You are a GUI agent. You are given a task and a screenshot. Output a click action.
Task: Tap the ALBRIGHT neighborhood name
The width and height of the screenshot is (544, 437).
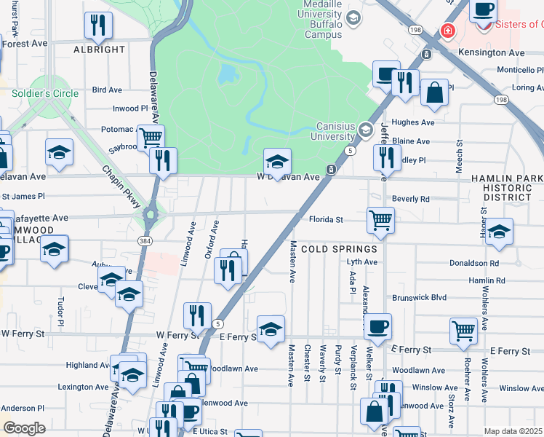[100, 50]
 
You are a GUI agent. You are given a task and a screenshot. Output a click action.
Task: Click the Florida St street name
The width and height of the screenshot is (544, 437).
[325, 219]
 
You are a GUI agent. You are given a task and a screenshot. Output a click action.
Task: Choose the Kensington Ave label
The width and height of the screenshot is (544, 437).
[492, 53]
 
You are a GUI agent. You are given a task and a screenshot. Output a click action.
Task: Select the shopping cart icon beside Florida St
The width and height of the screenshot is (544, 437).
[381, 219]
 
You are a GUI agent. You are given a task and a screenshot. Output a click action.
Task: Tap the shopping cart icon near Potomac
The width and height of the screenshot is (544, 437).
[151, 137]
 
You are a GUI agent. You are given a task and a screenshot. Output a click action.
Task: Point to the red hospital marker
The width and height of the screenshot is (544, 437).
[448, 31]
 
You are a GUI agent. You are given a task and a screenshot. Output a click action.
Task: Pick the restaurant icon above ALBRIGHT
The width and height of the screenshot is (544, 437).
[98, 25]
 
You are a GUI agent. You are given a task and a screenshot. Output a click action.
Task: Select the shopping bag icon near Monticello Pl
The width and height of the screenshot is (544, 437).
[434, 92]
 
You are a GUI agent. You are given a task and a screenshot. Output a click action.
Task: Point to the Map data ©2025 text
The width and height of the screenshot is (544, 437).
[512, 431]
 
